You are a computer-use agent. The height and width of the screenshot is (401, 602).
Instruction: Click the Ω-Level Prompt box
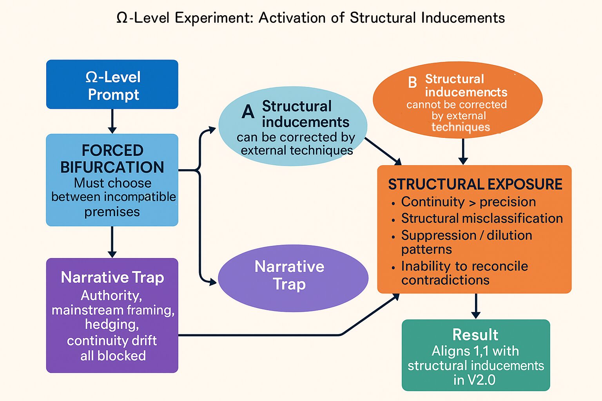[x=112, y=85]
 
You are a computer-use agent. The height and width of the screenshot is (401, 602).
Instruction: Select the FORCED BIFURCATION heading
[x=112, y=159]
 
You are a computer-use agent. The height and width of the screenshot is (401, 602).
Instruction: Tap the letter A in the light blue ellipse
[x=248, y=112]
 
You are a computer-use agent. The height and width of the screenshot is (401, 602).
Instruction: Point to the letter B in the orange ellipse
[x=412, y=83]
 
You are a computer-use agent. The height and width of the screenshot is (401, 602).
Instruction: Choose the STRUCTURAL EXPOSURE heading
[x=475, y=184]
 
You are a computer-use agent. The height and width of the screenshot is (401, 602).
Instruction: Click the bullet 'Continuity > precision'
[x=468, y=202]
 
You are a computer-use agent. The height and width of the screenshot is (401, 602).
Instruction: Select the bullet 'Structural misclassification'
[x=482, y=219]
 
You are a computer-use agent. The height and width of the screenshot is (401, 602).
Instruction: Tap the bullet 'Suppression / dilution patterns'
[x=466, y=242]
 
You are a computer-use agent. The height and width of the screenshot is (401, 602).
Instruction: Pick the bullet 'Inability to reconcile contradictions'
[x=464, y=273]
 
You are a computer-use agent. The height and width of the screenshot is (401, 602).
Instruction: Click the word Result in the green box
[x=475, y=335]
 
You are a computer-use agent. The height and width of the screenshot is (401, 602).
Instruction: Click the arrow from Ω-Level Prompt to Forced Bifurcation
[x=112, y=121]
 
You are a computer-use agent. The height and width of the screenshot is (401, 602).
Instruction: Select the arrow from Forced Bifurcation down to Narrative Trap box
[x=112, y=242]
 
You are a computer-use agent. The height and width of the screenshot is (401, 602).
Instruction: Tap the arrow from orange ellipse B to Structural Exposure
[x=463, y=152]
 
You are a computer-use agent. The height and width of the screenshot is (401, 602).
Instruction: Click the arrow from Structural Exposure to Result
[x=475, y=306]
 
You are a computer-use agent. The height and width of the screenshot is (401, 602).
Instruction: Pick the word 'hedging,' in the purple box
[x=112, y=325]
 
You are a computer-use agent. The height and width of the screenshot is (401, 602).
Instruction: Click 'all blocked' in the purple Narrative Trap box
[x=113, y=356]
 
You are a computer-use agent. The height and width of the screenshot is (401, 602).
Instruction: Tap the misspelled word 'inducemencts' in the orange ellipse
[x=466, y=92]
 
